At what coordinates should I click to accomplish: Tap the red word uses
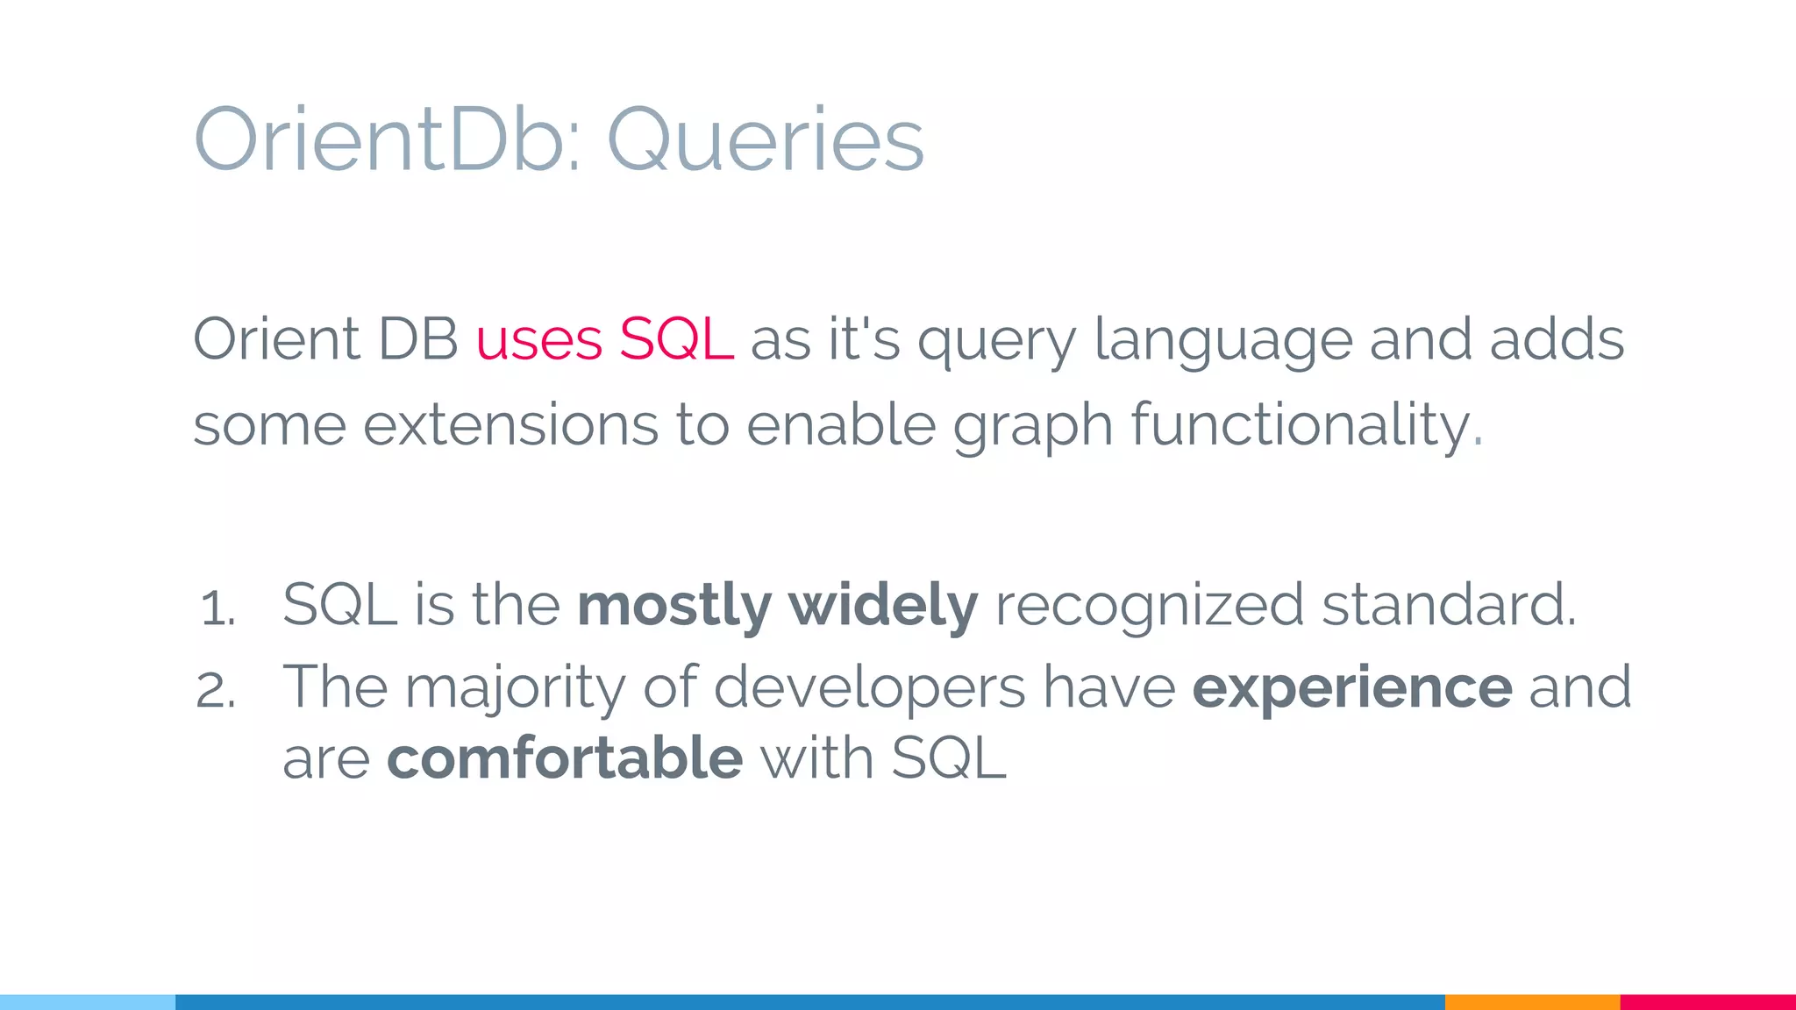tap(538, 340)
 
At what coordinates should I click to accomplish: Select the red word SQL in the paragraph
tap(675, 340)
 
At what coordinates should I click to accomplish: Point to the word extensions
tap(510, 425)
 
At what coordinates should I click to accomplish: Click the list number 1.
tap(217, 608)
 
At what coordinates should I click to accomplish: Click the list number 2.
tap(216, 691)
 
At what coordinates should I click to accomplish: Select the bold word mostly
tap(673, 607)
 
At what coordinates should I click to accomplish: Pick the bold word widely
tap(882, 607)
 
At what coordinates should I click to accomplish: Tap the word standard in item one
tap(1447, 605)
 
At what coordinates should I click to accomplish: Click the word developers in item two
tap(869, 688)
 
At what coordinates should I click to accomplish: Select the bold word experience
tap(1351, 688)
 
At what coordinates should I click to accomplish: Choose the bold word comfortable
tap(565, 758)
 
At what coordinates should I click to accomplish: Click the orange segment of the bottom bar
tap(1532, 1001)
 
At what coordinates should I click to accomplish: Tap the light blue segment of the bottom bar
tap(88, 1001)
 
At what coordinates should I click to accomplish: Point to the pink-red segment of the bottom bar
tap(1707, 1001)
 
